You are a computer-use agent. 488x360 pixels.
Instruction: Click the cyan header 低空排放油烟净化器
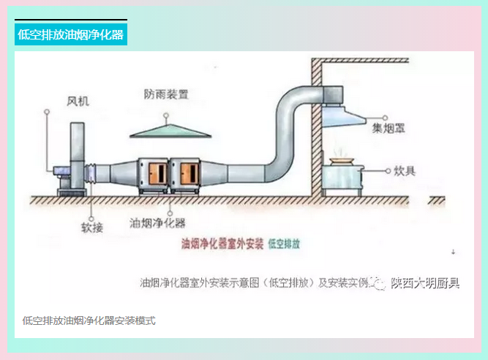click(x=70, y=34)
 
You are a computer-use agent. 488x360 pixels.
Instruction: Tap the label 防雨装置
click(x=166, y=94)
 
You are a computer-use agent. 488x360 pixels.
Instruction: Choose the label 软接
click(x=92, y=228)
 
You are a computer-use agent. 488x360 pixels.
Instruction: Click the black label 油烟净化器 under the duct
click(x=157, y=222)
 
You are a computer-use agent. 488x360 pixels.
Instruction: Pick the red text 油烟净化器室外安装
click(x=221, y=244)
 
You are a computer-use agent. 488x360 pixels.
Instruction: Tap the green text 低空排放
click(x=284, y=244)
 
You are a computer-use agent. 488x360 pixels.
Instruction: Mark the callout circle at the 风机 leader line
click(x=48, y=112)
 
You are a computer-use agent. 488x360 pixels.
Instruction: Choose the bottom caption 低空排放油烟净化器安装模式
click(x=89, y=320)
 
